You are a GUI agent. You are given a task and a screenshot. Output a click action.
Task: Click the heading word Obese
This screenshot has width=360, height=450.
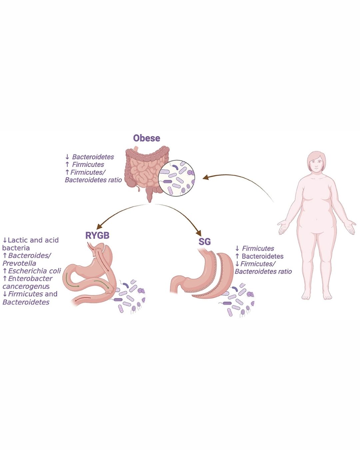[147, 138]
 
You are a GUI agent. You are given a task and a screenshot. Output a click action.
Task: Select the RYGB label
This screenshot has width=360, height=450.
[97, 235]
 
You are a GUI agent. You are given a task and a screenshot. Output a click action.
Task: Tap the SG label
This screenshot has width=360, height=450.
[205, 241]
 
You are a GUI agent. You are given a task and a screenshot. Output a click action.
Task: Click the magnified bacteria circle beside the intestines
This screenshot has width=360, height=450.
[176, 180]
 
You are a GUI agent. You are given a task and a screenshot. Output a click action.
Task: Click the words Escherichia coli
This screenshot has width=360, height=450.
[35, 271]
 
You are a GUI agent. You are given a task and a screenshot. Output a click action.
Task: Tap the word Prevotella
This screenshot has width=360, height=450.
[19, 263]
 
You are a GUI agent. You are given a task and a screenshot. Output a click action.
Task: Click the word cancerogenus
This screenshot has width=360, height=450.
[26, 286]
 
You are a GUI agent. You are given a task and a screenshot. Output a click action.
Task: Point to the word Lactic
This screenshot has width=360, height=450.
[18, 240]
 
